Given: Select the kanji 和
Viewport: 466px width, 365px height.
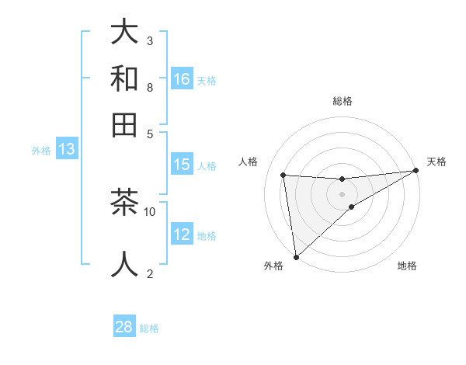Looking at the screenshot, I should point(124,78).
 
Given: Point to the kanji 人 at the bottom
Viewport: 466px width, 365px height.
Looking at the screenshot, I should point(124,263).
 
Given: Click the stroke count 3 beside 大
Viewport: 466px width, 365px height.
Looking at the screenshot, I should point(149,40).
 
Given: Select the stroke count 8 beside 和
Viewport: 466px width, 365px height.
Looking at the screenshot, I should point(149,87).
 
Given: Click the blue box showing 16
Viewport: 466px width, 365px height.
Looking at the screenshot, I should point(182,78).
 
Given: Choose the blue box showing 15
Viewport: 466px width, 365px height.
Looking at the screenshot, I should point(182,165).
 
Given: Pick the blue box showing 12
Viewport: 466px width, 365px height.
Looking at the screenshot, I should point(182,235).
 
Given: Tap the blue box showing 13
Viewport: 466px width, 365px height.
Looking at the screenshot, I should point(67,149).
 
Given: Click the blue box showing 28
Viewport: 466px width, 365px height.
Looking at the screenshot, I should point(124,327).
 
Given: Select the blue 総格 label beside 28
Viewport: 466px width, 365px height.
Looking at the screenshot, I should point(149,328).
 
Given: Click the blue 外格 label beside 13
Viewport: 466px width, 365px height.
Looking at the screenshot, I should point(41,151).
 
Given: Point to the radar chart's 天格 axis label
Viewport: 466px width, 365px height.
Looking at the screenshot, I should point(436,162).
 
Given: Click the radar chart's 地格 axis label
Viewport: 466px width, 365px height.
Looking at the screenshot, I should point(407,266).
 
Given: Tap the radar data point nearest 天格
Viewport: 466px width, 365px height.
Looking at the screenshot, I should point(416,171).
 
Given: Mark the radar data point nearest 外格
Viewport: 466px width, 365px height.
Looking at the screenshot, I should point(296,257).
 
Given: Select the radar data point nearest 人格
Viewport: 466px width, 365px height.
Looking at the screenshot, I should point(283,175).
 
